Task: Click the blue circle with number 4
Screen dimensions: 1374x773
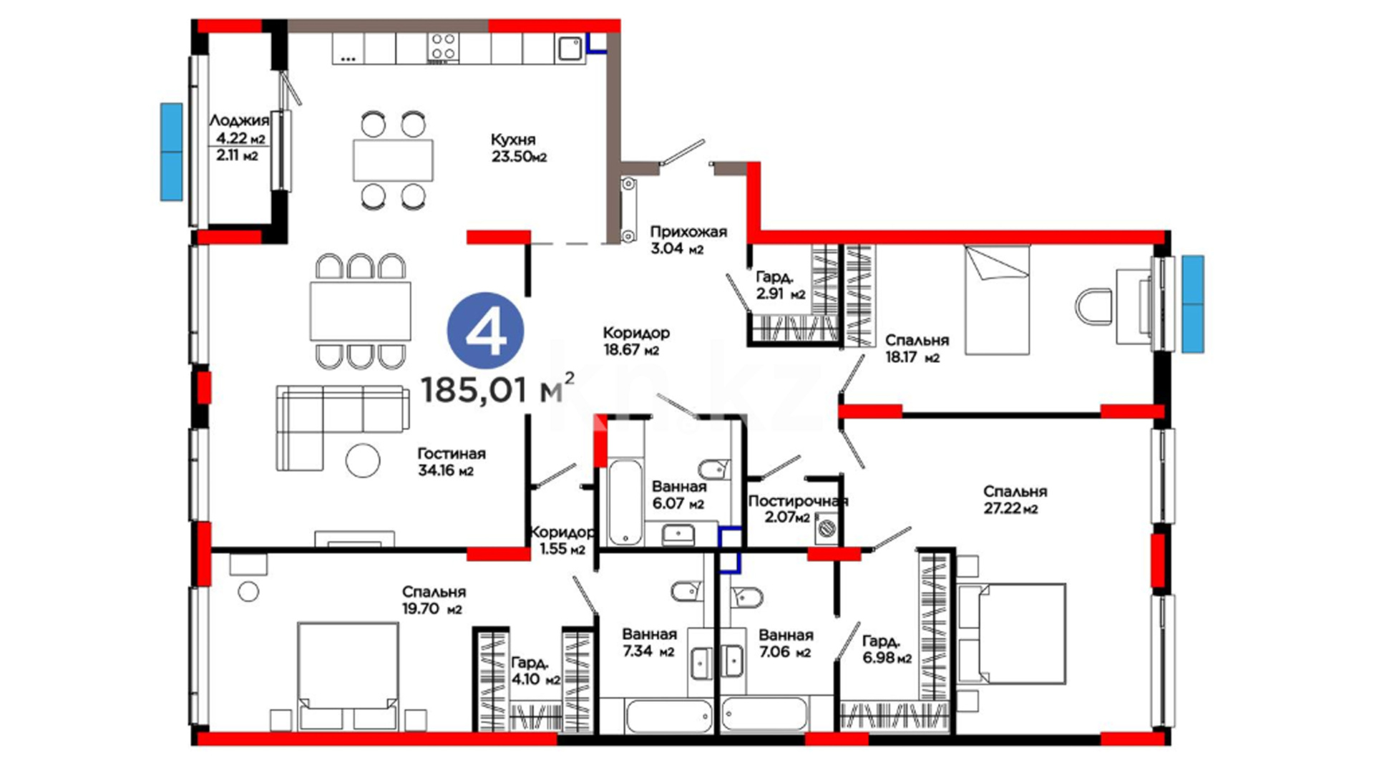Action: (486, 331)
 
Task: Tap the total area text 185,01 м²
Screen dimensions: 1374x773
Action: (497, 389)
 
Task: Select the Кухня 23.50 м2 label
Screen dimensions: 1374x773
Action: (518, 147)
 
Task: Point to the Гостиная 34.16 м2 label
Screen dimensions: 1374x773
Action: (451, 462)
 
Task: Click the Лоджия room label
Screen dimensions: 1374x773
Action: (239, 120)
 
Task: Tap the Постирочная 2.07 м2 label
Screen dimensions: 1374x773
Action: (797, 508)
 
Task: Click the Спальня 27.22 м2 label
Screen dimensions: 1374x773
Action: (1014, 500)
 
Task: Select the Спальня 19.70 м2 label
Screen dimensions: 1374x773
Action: (434, 600)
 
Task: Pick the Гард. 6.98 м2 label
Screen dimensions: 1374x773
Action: (887, 649)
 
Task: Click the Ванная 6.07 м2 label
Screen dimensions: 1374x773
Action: (678, 495)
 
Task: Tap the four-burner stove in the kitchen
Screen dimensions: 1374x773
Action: (443, 48)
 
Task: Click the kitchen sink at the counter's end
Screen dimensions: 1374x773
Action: (570, 49)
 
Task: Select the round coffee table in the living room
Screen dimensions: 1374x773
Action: (363, 461)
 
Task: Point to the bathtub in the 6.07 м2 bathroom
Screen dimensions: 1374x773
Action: (625, 502)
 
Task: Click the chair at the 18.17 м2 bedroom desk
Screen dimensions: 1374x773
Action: (1093, 306)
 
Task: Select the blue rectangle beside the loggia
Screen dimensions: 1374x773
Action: (172, 152)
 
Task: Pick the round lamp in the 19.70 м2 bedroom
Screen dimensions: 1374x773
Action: (248, 592)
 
